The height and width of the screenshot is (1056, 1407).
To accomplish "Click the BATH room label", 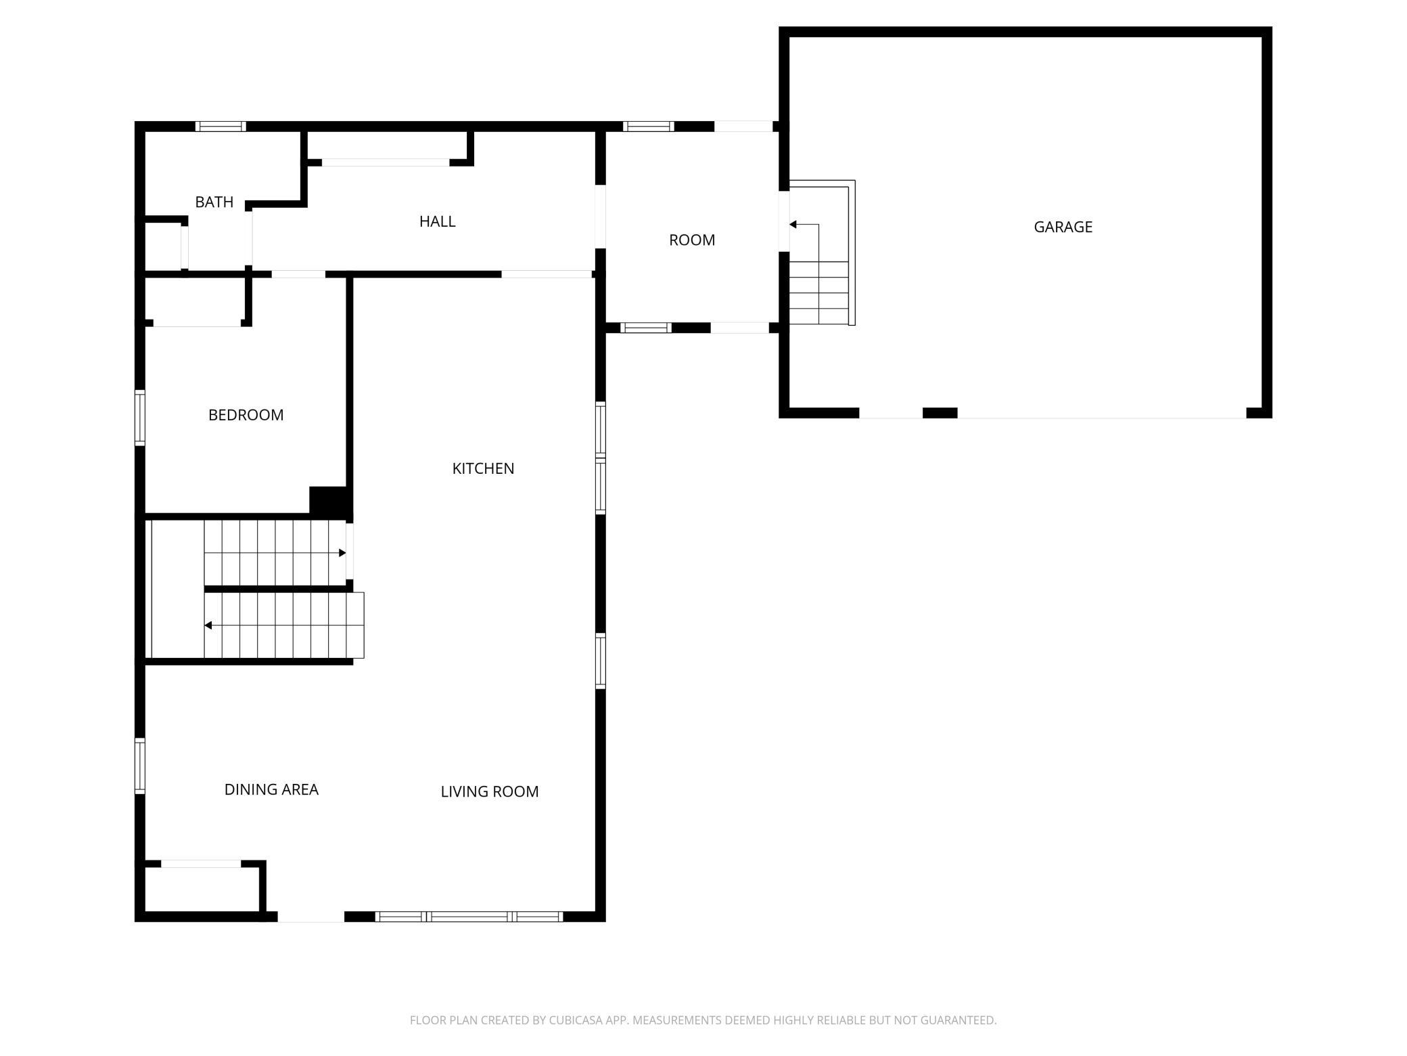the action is (x=214, y=202).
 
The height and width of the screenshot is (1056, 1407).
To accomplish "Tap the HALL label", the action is (x=437, y=221).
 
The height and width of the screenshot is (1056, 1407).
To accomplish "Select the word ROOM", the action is (x=692, y=240).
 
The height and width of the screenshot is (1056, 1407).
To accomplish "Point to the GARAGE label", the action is (x=1063, y=227).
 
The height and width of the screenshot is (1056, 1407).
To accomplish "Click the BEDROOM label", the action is (x=246, y=415).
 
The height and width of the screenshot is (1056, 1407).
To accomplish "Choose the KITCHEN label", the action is (x=483, y=468).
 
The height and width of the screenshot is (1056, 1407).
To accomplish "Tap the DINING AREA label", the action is (x=271, y=789).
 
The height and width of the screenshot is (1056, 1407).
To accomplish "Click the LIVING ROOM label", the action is (x=489, y=791).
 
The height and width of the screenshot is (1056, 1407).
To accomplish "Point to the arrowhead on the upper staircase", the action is (x=342, y=553).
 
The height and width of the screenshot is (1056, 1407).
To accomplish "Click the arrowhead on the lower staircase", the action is (x=208, y=625).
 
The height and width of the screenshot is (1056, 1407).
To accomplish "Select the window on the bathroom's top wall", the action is (x=221, y=126).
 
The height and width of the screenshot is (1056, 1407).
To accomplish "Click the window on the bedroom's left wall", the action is (x=140, y=418).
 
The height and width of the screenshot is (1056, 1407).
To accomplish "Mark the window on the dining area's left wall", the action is (x=140, y=766).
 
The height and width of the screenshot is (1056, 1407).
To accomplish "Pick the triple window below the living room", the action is (x=469, y=917).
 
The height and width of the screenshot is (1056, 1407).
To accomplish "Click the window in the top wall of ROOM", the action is (x=649, y=126).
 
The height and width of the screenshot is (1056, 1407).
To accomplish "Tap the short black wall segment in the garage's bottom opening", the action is (x=940, y=413).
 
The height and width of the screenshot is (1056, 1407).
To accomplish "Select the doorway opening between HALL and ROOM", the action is (x=600, y=217).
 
